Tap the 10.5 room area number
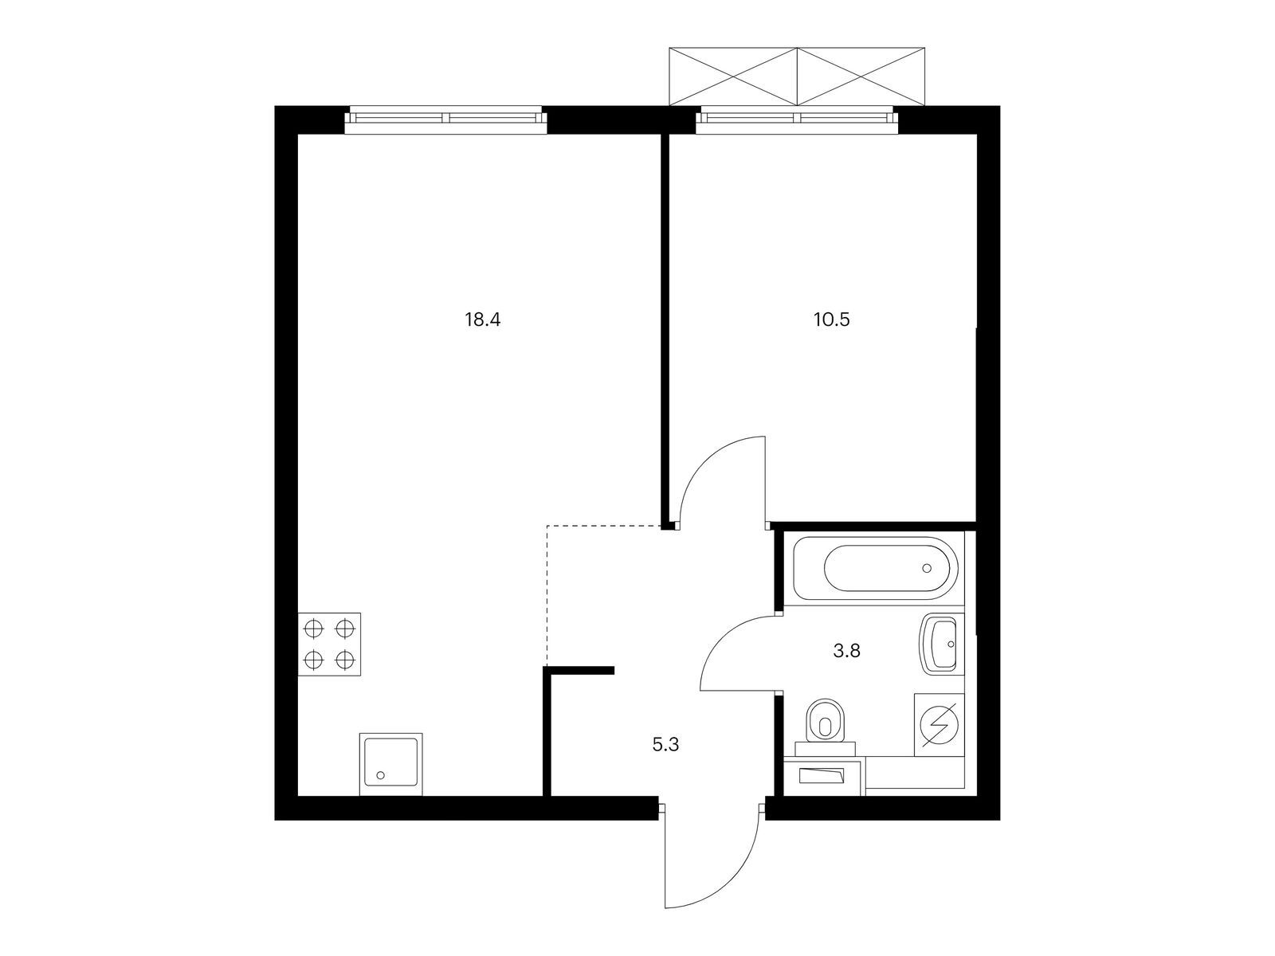[x=834, y=320]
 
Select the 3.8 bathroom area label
[x=846, y=651]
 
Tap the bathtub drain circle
[x=926, y=568]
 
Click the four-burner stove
[x=329, y=645]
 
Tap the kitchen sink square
[x=390, y=763]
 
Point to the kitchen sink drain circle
[x=381, y=774]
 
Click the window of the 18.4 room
[x=446, y=118]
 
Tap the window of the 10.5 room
[x=797, y=118]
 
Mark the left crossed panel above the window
[x=733, y=76]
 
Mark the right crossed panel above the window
[x=861, y=76]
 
